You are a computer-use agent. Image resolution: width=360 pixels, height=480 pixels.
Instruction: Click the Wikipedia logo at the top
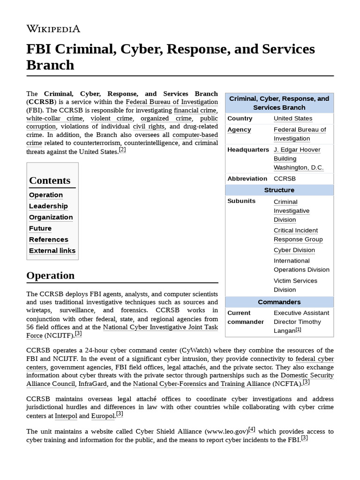click(53, 29)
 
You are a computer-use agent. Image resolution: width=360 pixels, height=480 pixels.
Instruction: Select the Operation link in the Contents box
click(46, 195)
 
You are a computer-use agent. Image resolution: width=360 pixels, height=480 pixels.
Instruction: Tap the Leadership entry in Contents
click(48, 206)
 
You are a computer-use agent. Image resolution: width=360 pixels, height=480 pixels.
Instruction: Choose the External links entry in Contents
click(52, 251)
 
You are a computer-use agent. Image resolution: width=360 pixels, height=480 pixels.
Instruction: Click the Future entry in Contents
click(40, 228)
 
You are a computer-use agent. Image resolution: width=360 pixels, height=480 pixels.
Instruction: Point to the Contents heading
click(50, 180)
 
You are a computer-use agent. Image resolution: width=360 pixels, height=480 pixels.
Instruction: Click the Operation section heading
click(51, 276)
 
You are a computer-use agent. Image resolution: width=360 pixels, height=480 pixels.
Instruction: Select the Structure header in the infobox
click(279, 190)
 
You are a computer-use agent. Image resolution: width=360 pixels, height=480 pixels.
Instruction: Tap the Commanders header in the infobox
click(279, 302)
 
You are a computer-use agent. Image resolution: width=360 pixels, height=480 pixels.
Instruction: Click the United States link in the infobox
click(293, 119)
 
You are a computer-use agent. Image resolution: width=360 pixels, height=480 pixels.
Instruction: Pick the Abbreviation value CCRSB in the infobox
click(285, 179)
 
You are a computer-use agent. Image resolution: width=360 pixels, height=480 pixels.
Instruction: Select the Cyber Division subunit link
click(294, 250)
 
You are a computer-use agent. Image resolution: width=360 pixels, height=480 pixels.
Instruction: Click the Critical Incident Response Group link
click(298, 235)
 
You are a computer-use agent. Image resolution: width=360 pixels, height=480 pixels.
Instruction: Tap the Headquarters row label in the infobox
click(248, 150)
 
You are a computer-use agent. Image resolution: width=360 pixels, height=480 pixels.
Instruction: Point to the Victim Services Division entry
click(295, 285)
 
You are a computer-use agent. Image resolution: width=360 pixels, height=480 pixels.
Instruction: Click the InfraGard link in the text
click(93, 384)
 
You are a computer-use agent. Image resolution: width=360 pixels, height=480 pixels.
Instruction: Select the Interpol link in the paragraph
click(66, 416)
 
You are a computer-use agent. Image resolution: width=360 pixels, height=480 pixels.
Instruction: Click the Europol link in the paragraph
click(103, 416)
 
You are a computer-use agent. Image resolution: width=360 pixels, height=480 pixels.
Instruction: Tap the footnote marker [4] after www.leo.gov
click(252, 429)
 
